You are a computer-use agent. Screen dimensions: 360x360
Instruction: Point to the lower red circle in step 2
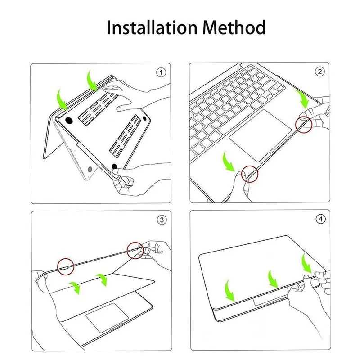point(250,173)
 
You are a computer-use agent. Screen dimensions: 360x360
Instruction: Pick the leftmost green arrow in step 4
point(231,291)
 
